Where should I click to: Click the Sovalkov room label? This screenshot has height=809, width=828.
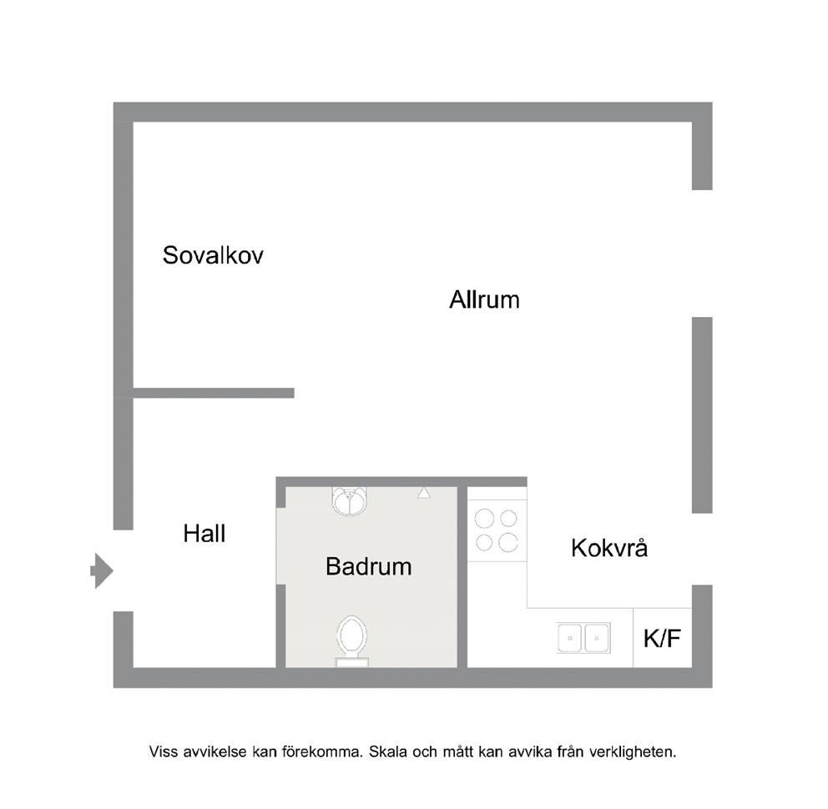(213, 255)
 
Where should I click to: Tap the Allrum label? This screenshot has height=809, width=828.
(484, 299)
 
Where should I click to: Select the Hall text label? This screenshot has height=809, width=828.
(204, 534)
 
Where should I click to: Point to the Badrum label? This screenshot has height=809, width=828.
(369, 567)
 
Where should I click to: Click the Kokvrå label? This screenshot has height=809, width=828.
(609, 547)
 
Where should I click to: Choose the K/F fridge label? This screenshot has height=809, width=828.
(662, 639)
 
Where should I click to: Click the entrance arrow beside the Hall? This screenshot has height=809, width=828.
(102, 570)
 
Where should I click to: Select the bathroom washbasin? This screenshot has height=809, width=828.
(349, 500)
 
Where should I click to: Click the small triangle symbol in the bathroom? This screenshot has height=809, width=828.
(423, 493)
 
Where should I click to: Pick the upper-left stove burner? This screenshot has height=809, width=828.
(484, 519)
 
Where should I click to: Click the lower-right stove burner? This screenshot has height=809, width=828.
(508, 542)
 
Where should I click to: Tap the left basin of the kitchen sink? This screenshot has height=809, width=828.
(570, 638)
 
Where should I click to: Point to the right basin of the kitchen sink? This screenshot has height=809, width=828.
(597, 638)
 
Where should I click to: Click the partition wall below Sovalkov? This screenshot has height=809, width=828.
(214, 393)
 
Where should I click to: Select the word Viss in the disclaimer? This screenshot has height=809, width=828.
(164, 751)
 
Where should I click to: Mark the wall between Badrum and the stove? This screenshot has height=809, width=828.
(462, 577)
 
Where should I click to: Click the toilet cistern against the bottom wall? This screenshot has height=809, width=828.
(352, 662)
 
